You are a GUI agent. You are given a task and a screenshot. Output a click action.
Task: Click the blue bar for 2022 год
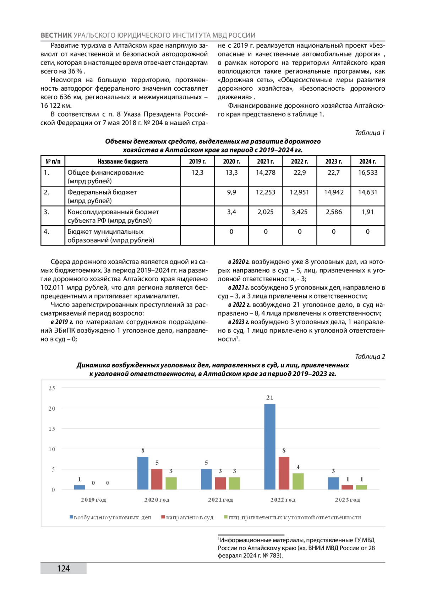270,447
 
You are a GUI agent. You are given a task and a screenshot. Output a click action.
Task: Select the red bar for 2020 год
157,479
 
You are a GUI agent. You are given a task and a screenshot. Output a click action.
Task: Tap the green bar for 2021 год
234,483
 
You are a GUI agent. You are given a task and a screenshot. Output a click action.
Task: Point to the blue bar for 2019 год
80,487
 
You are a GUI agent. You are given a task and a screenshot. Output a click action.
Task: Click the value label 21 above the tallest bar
270,398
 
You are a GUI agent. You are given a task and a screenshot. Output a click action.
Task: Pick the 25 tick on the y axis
52,388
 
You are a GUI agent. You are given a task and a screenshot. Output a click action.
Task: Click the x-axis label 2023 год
347,500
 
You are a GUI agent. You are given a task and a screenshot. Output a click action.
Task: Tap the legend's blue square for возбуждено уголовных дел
71,517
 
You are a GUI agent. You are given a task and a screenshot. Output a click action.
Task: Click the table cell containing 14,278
266,173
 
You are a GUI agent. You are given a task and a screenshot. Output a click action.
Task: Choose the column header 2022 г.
300,161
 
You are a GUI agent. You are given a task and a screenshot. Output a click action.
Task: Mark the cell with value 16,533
368,173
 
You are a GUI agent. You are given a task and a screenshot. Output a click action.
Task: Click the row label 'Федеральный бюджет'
102,192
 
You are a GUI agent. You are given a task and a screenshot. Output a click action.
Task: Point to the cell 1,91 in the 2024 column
368,212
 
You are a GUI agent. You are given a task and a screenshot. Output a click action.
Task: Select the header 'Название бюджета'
122,161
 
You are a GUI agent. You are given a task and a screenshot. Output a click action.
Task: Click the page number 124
64,569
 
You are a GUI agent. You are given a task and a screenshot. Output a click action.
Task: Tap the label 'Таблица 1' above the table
370,133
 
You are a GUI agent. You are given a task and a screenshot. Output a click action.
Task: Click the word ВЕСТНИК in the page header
56,35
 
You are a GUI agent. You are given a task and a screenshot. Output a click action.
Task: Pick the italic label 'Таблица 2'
370,356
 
